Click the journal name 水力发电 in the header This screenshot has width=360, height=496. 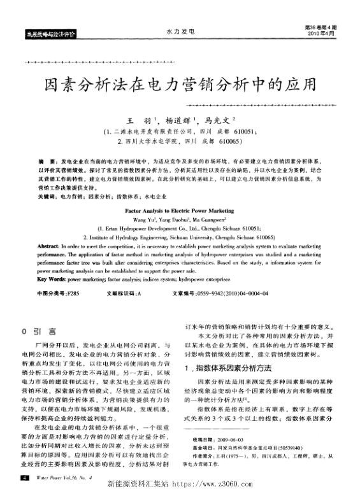[x=180, y=31]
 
